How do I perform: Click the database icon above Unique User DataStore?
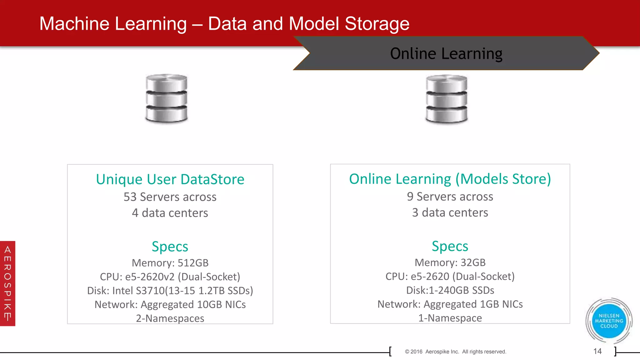(167, 98)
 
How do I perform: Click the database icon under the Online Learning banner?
(447, 99)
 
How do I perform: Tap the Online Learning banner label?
(446, 53)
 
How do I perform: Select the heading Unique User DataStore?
(170, 179)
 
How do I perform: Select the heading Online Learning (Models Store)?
(450, 179)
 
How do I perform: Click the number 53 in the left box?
(130, 197)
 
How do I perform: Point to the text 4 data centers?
(170, 213)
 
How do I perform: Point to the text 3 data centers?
(450, 213)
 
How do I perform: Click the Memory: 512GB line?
(170, 263)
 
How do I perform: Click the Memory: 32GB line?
(450, 262)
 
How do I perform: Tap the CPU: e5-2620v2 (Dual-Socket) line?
(170, 277)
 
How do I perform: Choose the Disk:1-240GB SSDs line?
(450, 290)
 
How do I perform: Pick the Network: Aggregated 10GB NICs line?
(170, 304)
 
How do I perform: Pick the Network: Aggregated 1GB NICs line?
(450, 304)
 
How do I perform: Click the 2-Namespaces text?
(170, 318)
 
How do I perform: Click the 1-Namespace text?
(450, 318)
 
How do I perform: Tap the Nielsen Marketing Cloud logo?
(609, 321)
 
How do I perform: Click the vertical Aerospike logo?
(7, 283)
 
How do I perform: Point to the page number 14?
(597, 351)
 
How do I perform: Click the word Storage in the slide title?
(377, 24)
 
